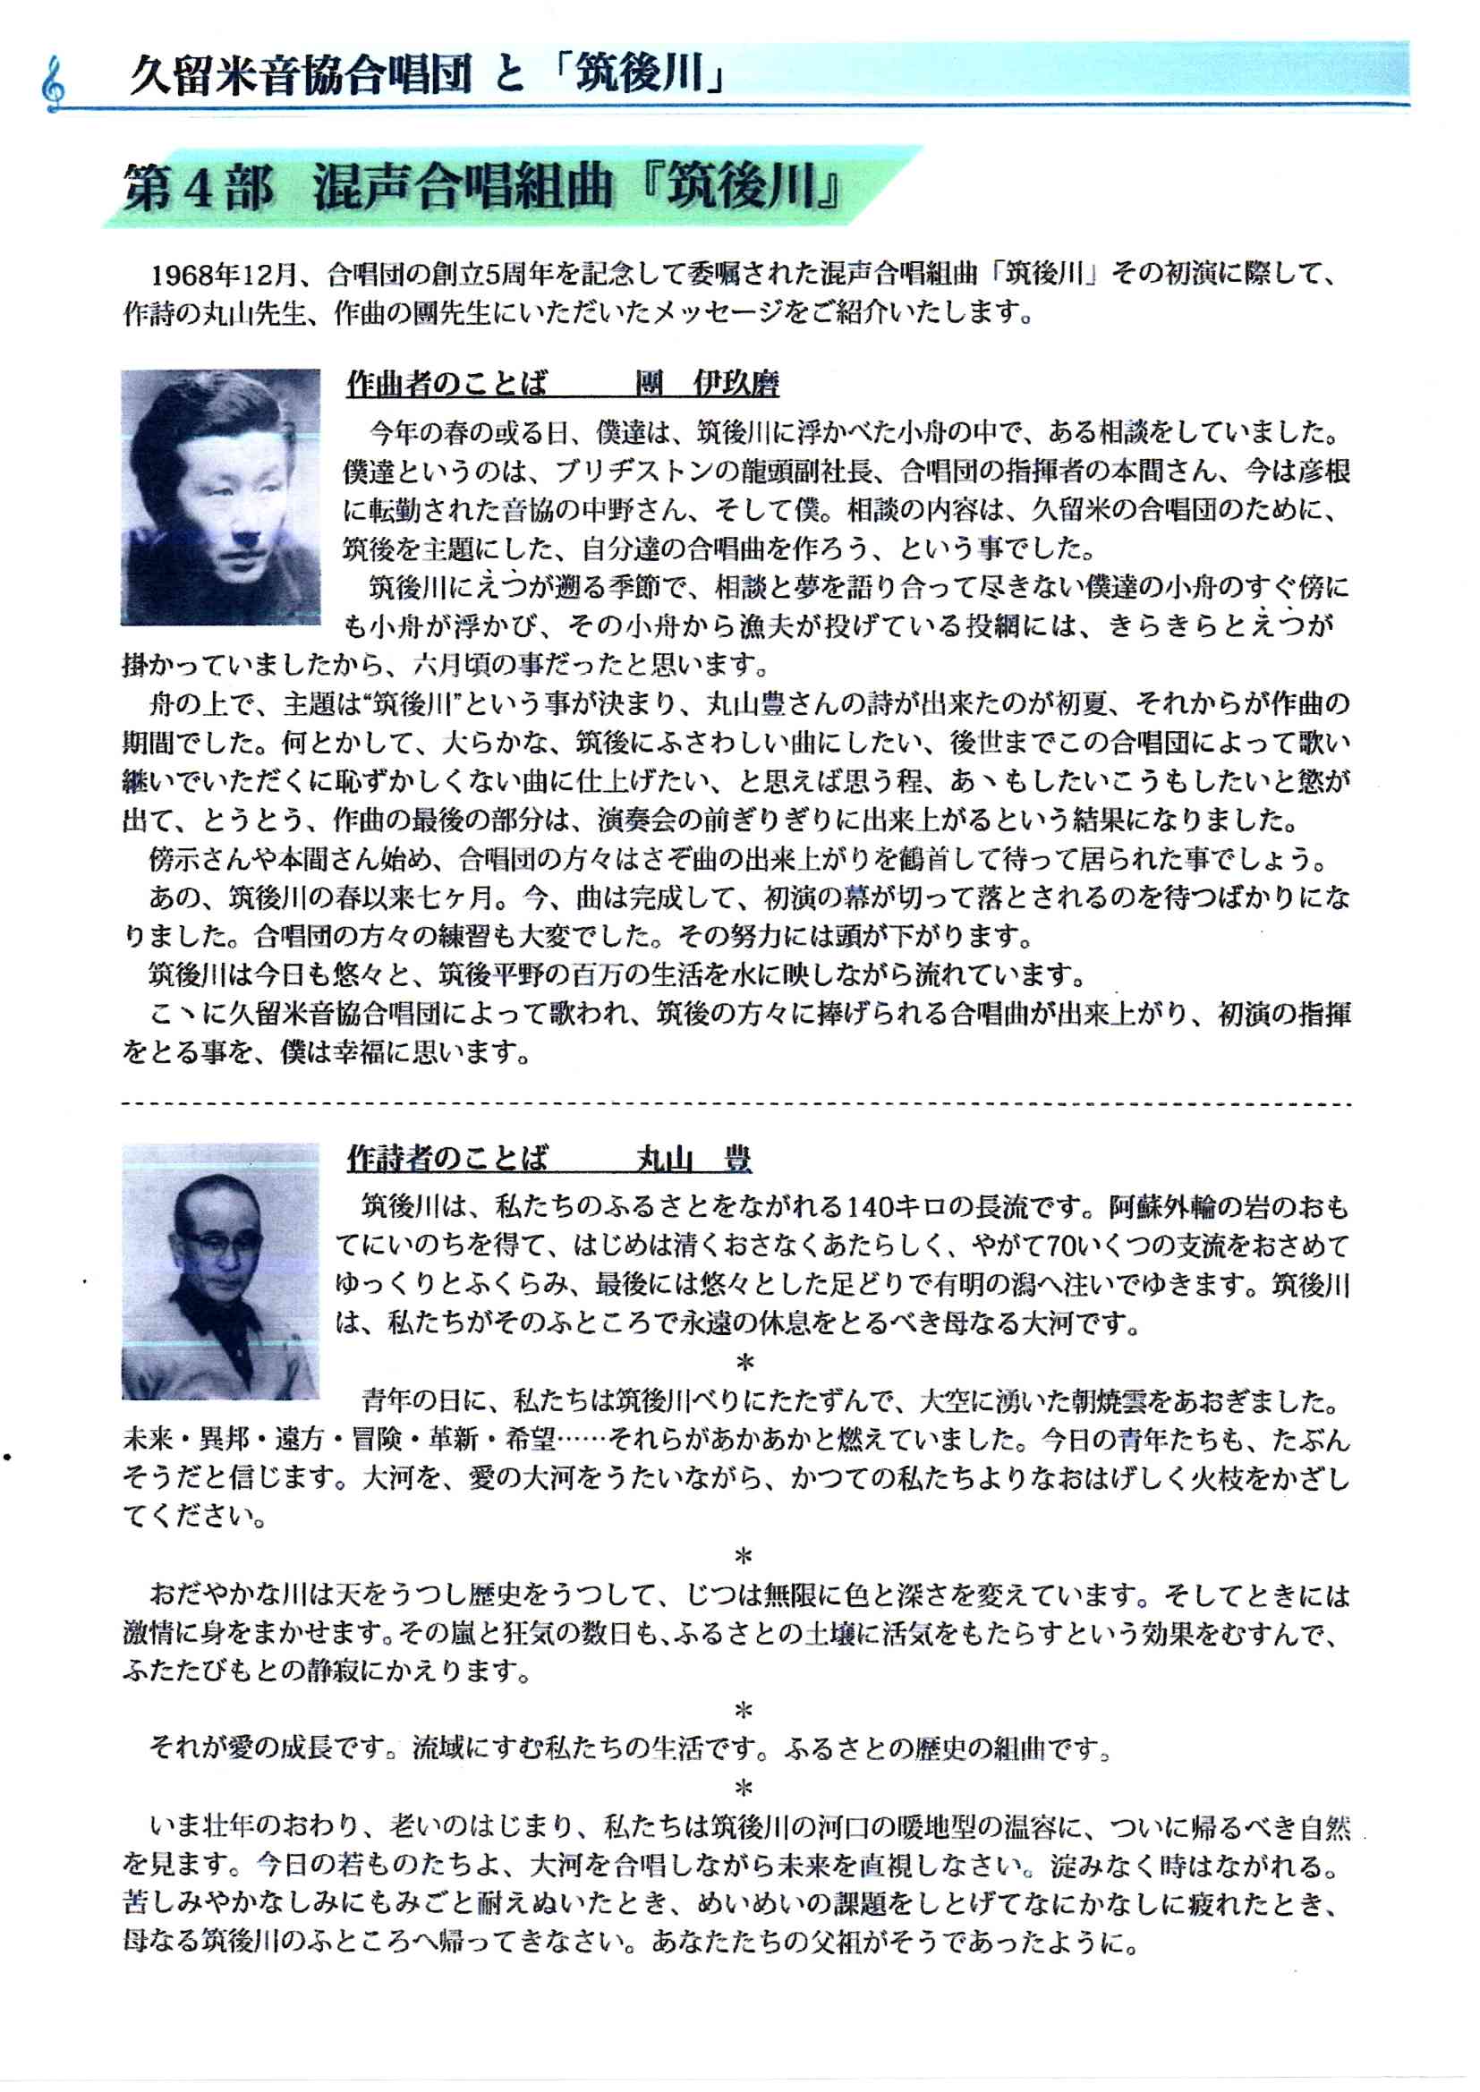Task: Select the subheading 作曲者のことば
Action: (x=447, y=384)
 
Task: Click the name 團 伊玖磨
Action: (x=707, y=384)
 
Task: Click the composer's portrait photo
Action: (x=220, y=497)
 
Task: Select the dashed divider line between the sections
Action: (x=736, y=1103)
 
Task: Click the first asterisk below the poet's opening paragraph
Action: (x=744, y=1362)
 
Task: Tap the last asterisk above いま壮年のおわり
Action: (x=744, y=1789)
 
